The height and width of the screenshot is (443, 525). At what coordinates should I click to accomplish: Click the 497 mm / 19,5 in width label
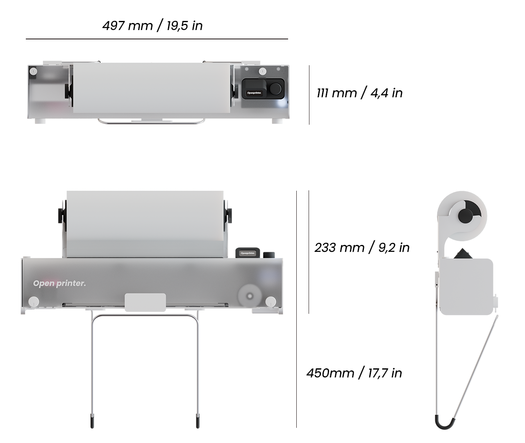click(x=152, y=25)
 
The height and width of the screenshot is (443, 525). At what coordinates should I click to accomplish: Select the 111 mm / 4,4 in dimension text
click(x=359, y=93)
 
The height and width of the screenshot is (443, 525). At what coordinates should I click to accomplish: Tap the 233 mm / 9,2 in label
click(x=362, y=247)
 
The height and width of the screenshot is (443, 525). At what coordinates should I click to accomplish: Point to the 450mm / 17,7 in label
click(x=354, y=373)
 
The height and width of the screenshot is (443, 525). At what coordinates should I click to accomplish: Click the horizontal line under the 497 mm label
click(x=157, y=39)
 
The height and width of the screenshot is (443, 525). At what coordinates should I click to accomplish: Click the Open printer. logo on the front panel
click(x=59, y=283)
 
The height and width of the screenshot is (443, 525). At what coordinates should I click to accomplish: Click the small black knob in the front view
click(x=268, y=254)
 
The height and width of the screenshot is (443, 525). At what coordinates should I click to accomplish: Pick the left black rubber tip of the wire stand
click(x=92, y=422)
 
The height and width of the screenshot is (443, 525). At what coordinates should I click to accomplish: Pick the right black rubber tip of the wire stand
click(x=198, y=422)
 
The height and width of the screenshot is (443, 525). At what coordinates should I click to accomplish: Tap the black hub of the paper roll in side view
click(x=466, y=216)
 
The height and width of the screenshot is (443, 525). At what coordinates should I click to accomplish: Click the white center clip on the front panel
click(x=145, y=302)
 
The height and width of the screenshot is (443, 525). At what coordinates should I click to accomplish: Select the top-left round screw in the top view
click(x=33, y=71)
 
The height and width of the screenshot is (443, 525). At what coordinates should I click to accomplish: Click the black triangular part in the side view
click(x=463, y=253)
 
